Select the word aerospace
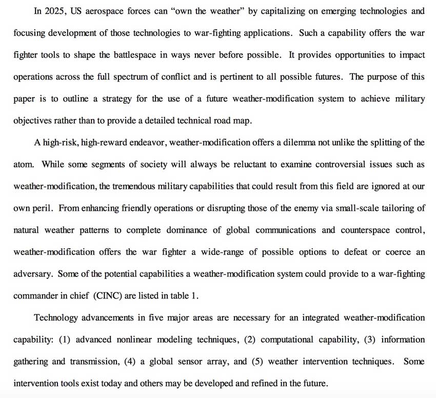pos(107,10)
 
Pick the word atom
pos(23,165)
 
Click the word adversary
pos(32,274)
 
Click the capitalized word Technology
pos(55,318)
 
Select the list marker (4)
pos(130,361)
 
